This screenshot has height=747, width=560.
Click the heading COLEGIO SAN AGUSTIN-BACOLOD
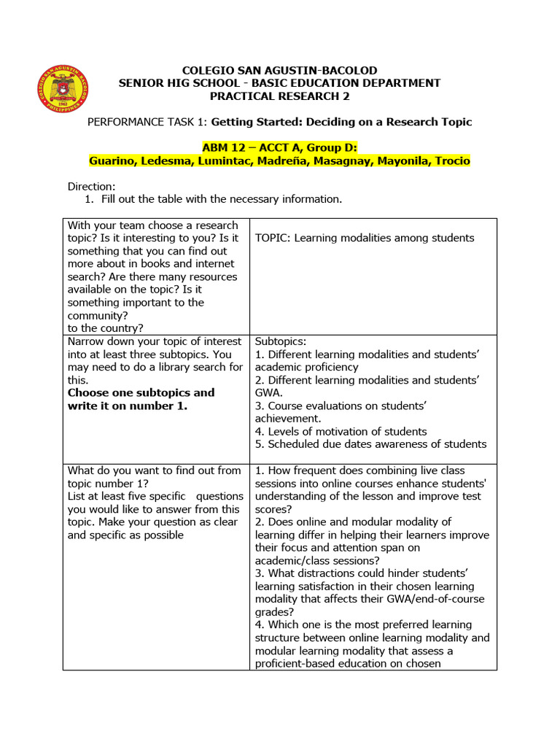pos(279,71)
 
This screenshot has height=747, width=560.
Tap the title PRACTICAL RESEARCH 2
pos(279,96)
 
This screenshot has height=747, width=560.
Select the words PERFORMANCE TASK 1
pos(145,122)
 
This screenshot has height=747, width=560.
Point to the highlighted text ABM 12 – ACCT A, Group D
pos(279,147)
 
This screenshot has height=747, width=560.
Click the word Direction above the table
pos(91,187)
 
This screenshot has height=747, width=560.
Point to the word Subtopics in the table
pos(281,341)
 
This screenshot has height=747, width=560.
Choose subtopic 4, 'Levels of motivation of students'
pos(341,431)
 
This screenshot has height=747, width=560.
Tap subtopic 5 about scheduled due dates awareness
pos(370,444)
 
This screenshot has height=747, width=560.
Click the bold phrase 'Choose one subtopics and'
pos(141,392)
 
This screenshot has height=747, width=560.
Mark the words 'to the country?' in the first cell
pos(105,328)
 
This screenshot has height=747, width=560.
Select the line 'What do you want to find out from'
pos(154,471)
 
